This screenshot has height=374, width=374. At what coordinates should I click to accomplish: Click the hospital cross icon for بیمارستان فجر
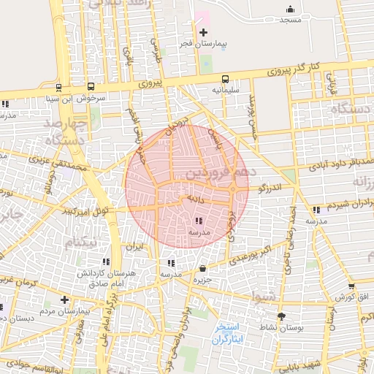tap(203, 32)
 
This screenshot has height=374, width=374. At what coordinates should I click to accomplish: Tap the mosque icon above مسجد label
tap(291, 9)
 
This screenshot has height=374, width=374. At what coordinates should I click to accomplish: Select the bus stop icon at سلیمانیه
tap(224, 78)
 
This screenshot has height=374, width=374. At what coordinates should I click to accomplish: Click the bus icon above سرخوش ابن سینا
tap(90, 86)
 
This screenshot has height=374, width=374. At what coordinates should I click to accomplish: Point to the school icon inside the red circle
tap(199, 221)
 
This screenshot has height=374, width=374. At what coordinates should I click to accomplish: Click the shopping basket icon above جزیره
tap(202, 269)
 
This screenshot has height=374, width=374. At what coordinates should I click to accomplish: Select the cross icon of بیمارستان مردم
tap(64, 299)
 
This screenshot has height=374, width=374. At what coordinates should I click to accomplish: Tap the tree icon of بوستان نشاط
tap(282, 316)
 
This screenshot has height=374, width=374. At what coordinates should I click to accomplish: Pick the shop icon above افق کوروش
tap(351, 286)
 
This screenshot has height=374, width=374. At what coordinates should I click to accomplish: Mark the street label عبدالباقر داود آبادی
tap(323, 163)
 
